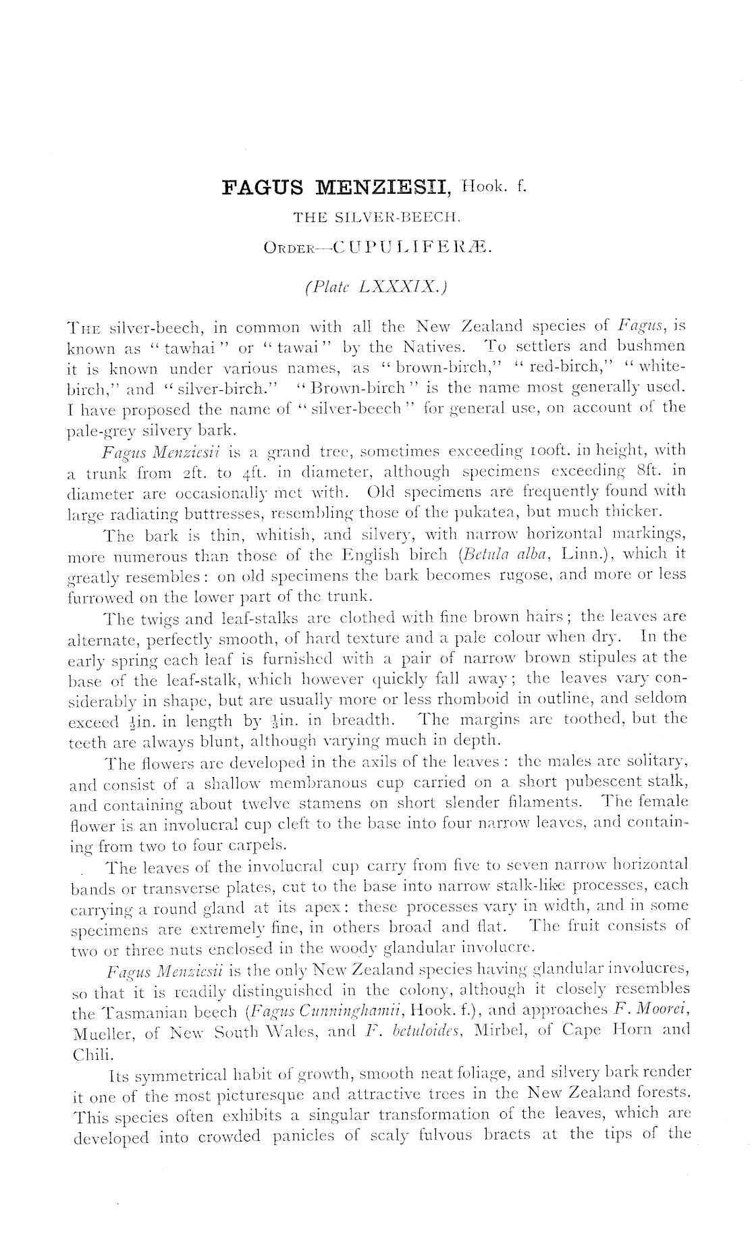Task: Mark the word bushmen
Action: point(647,346)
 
